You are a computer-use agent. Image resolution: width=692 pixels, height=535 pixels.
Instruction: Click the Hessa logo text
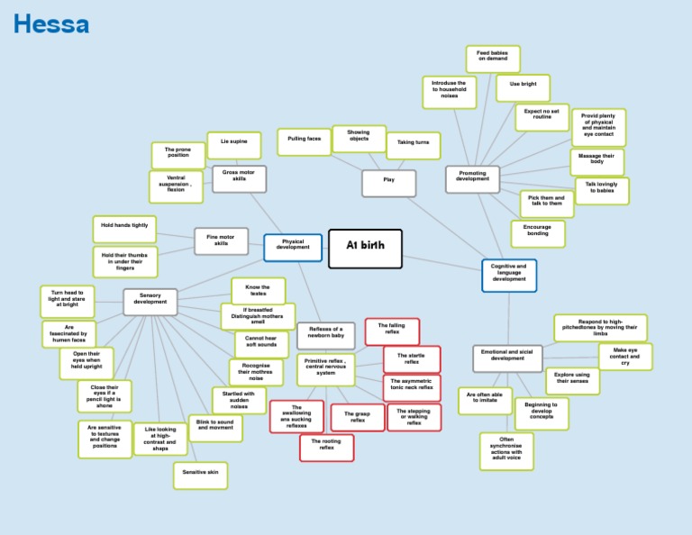click(x=51, y=24)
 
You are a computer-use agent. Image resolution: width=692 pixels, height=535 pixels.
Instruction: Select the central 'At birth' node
click(x=364, y=249)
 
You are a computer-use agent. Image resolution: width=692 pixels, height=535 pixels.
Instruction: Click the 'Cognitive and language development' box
click(x=509, y=275)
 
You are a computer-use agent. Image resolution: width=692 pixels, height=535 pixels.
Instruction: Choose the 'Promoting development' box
click(x=472, y=178)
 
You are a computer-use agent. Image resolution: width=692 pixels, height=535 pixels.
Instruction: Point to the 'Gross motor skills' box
click(x=239, y=178)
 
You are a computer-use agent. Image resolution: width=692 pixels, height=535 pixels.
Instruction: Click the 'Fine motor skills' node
click(x=221, y=240)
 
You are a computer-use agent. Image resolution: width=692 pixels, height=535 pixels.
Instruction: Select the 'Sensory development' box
click(x=150, y=301)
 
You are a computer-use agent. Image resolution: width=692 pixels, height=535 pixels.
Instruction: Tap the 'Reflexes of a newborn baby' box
click(x=326, y=334)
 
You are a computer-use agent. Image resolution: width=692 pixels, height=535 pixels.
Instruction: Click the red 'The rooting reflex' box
click(x=326, y=447)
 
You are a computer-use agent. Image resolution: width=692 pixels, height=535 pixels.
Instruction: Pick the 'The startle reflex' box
click(x=412, y=359)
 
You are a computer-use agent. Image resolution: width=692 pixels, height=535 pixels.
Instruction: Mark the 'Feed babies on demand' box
click(x=493, y=59)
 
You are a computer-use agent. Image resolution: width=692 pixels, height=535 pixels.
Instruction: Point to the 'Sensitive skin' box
click(x=200, y=475)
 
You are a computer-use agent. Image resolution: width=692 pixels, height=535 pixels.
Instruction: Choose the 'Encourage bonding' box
click(x=538, y=233)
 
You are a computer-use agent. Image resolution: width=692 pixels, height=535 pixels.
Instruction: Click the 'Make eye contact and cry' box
click(x=625, y=356)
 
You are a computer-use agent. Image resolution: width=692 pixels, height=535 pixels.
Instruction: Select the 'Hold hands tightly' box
click(x=124, y=229)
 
